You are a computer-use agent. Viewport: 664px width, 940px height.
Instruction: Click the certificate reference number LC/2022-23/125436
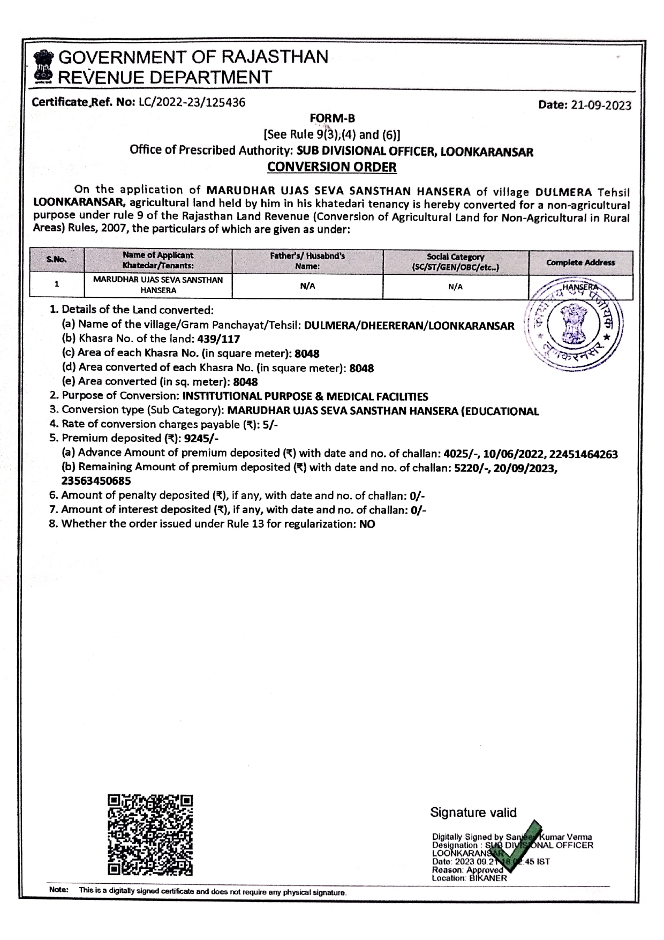192,102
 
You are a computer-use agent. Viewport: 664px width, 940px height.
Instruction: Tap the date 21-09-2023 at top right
601,106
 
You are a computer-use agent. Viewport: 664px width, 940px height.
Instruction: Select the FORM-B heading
332,118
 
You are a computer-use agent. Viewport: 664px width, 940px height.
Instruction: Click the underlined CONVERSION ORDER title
332,167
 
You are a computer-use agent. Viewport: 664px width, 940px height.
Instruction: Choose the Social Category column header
455,261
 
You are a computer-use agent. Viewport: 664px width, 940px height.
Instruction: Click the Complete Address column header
580,262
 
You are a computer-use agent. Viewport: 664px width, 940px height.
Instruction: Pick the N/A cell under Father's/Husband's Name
307,286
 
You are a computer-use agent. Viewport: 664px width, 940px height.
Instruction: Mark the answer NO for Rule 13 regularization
367,524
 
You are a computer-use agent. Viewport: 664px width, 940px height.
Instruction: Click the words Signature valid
473,813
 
